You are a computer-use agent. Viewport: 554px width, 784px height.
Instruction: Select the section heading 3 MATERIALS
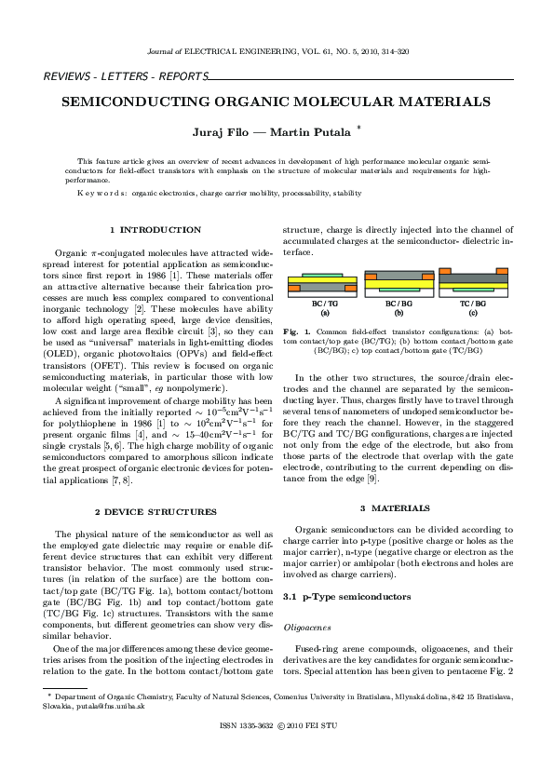click(x=395, y=507)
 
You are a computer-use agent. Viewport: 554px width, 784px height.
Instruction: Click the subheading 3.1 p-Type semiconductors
click(x=345, y=596)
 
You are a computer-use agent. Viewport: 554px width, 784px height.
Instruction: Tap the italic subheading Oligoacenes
click(x=306, y=629)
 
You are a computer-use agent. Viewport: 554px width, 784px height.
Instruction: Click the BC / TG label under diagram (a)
click(x=324, y=304)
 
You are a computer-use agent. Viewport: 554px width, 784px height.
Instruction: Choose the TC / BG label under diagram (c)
click(x=473, y=304)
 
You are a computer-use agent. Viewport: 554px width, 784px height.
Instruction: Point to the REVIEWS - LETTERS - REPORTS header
click(x=111, y=75)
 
